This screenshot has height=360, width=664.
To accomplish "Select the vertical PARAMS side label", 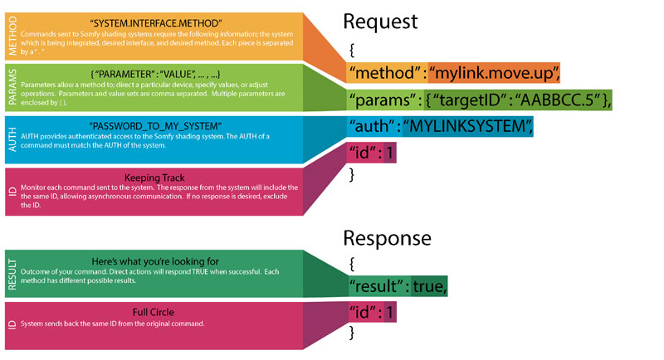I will (12, 87).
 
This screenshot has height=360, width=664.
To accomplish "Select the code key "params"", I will (387, 100).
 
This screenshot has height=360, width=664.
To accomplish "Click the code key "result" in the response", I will (381, 287).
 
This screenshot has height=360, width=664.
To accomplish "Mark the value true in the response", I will (430, 287).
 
